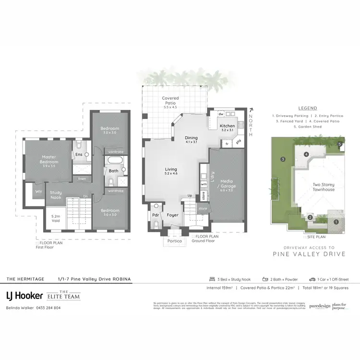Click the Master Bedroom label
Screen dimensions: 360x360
49,159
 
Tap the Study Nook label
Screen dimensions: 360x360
56,195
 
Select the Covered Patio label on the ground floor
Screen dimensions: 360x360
170,100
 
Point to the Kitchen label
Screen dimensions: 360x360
227,126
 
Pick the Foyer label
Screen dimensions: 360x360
173,215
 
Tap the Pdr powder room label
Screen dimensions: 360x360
156,215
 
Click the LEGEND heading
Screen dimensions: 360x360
307,108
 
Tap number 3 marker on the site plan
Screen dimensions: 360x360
283,159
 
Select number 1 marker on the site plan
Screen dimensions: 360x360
336,221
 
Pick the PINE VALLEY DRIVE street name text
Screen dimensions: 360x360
308,254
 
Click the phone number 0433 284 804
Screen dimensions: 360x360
47,308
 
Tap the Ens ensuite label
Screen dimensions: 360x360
78,155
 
